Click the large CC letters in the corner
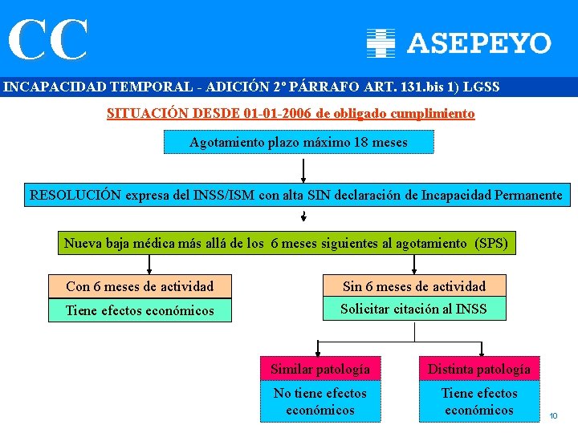pyautogui.click(x=47, y=40)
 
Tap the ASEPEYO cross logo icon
pyautogui.click(x=381, y=42)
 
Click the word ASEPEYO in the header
pyautogui.click(x=479, y=43)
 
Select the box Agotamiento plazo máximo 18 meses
pyautogui.click(x=299, y=143)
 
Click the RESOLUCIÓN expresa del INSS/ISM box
pyautogui.click(x=296, y=195)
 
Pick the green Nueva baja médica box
pyautogui.click(x=286, y=243)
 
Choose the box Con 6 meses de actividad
pyautogui.click(x=140, y=286)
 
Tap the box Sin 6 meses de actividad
pyautogui.click(x=414, y=285)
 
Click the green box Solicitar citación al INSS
pyautogui.click(x=414, y=309)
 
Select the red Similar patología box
pyautogui.click(x=320, y=369)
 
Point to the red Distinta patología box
pyautogui.click(x=479, y=369)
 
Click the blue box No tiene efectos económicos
pyautogui.click(x=320, y=401)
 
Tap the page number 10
pyautogui.click(x=554, y=415)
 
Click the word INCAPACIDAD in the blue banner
pyautogui.click(x=55, y=87)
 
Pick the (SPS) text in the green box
pyautogui.click(x=491, y=243)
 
